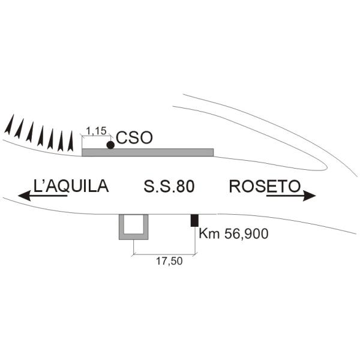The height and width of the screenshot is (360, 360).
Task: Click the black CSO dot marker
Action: [110, 145]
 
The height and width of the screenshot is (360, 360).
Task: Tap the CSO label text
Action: [134, 138]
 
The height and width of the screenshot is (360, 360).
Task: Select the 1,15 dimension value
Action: [96, 131]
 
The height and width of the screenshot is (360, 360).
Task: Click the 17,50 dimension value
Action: [169, 261]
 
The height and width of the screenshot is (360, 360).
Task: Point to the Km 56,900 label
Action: [233, 234]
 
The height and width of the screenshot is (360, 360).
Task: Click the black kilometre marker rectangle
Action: [194, 220]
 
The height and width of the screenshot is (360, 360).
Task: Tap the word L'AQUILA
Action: [71, 186]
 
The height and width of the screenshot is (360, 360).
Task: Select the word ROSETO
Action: [265, 186]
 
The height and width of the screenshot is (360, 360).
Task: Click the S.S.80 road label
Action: [169, 187]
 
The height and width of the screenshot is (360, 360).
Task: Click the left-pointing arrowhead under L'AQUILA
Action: [24, 196]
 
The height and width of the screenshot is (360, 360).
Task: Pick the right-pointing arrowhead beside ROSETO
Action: [310, 196]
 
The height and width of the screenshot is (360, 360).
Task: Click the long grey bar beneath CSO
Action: [148, 152]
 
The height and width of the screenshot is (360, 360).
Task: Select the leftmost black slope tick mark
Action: [9, 125]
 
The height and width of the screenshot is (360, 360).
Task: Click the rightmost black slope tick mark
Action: [71, 142]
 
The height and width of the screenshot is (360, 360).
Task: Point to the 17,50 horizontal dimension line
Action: [164, 254]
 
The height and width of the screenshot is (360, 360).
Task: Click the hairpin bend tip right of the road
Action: [327, 167]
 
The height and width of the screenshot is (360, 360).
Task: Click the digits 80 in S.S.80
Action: [186, 187]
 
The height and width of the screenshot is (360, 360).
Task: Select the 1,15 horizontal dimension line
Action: [96, 136]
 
